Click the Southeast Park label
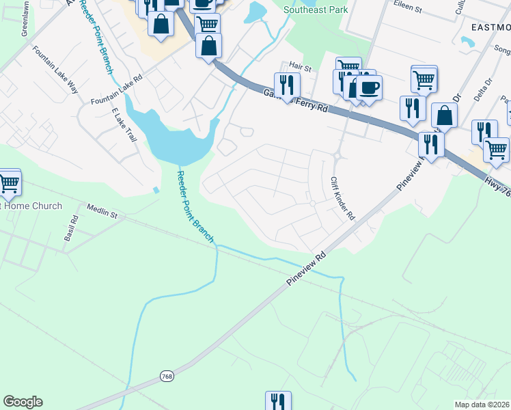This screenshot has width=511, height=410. pyautogui.click(x=316, y=10)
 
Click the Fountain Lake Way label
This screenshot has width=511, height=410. pyautogui.click(x=56, y=68)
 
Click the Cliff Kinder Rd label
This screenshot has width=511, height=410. pyautogui.click(x=343, y=199)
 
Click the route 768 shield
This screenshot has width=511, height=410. pyautogui.click(x=167, y=376)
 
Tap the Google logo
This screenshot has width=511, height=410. pyautogui.click(x=23, y=402)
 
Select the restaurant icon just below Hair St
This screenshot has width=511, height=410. pyautogui.click(x=287, y=85)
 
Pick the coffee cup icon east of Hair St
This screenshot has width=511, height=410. pyautogui.click(x=369, y=88)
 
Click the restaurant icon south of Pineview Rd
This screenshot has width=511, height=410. pyautogui.click(x=278, y=401)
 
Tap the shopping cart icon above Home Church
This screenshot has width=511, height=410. pyautogui.click(x=9, y=182)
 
